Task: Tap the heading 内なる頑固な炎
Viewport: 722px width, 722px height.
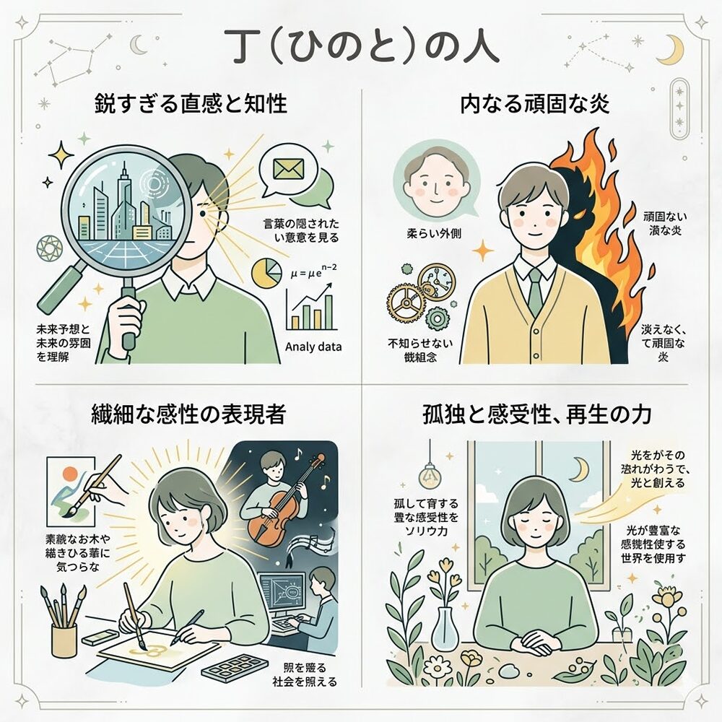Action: pos(535,104)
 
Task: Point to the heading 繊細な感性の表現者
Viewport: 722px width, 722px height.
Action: pos(188,414)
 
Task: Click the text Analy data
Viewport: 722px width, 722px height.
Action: pos(313,347)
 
